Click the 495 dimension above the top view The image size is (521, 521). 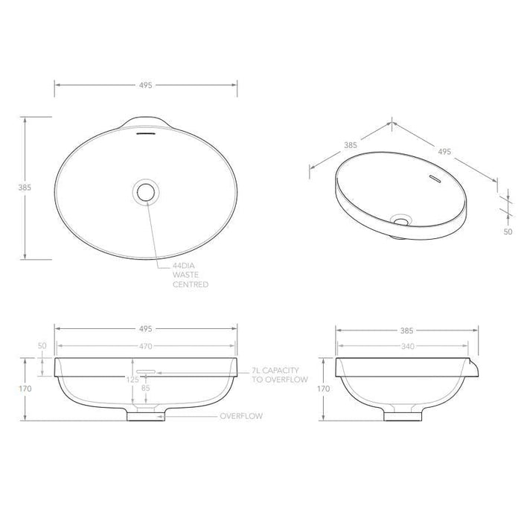[x=146, y=86]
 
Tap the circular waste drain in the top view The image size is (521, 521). [x=145, y=191]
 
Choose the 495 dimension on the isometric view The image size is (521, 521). [x=444, y=151]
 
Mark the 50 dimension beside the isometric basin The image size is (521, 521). [x=508, y=231]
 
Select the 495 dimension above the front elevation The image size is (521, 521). [x=146, y=328]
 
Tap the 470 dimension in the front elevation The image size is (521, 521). [x=146, y=345]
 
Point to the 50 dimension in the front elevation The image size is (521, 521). [x=42, y=345]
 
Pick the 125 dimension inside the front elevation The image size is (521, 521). [x=132, y=380]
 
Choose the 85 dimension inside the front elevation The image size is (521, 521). [x=145, y=387]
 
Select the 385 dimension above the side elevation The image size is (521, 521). [x=406, y=328]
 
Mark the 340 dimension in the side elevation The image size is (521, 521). [x=406, y=345]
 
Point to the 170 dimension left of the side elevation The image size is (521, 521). [x=323, y=388]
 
